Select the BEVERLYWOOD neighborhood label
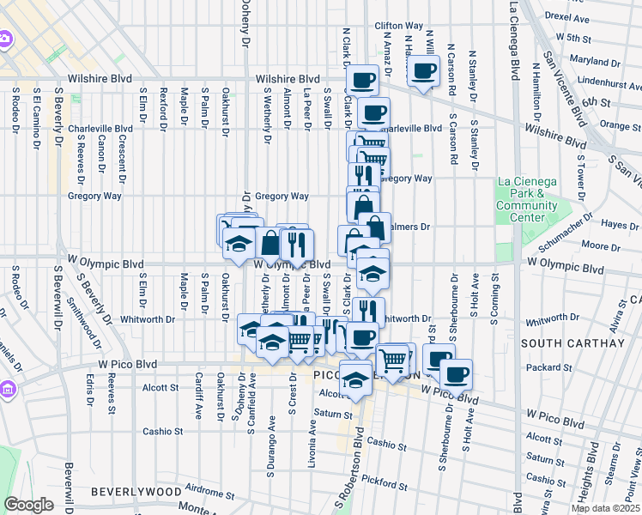point(137,492)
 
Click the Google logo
point(28,505)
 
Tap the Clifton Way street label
point(399,27)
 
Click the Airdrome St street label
point(209,494)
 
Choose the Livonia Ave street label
point(312,443)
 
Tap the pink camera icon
point(5,39)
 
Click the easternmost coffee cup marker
point(455,373)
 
